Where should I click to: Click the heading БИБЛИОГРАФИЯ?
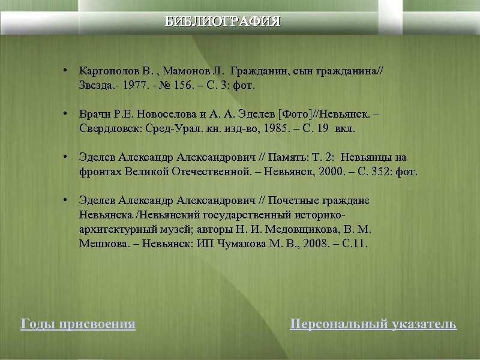tap(223, 22)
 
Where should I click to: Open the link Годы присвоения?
tap(78, 325)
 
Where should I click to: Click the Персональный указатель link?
tap(373, 325)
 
